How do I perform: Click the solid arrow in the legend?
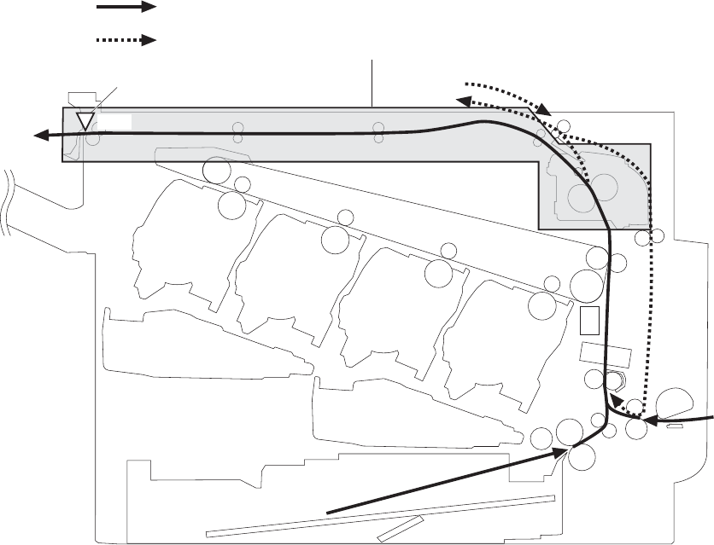point(126,8)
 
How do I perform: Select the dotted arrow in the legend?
point(126,40)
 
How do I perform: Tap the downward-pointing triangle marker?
point(85,120)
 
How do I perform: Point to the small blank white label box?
point(115,120)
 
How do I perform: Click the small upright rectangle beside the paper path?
point(589,320)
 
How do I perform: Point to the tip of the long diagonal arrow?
point(564,450)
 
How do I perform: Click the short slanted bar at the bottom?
point(399,528)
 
